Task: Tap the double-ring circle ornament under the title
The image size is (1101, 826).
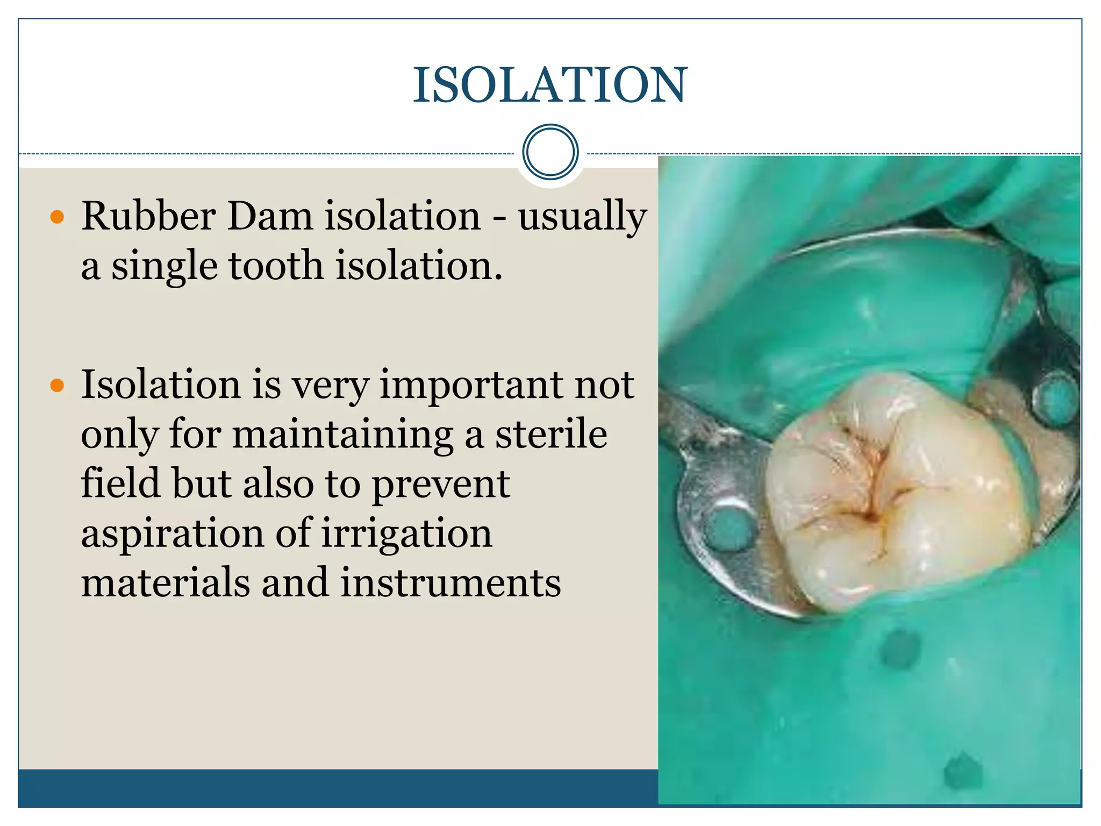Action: click(x=550, y=152)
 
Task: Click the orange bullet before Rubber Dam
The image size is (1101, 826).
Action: click(x=57, y=217)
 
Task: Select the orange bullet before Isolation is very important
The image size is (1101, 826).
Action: click(x=57, y=386)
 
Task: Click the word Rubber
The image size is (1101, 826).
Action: click(x=148, y=216)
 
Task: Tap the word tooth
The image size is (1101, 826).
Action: click(x=276, y=266)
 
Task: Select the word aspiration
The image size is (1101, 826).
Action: click(x=173, y=533)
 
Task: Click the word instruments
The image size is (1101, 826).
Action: click(x=451, y=583)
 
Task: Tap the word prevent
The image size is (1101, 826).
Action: click(x=441, y=484)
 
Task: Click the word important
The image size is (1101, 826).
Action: click(x=473, y=385)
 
